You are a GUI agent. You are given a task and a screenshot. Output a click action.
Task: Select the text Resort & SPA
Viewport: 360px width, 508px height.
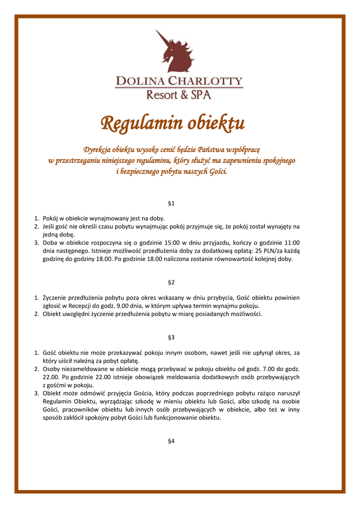(x=179, y=94)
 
